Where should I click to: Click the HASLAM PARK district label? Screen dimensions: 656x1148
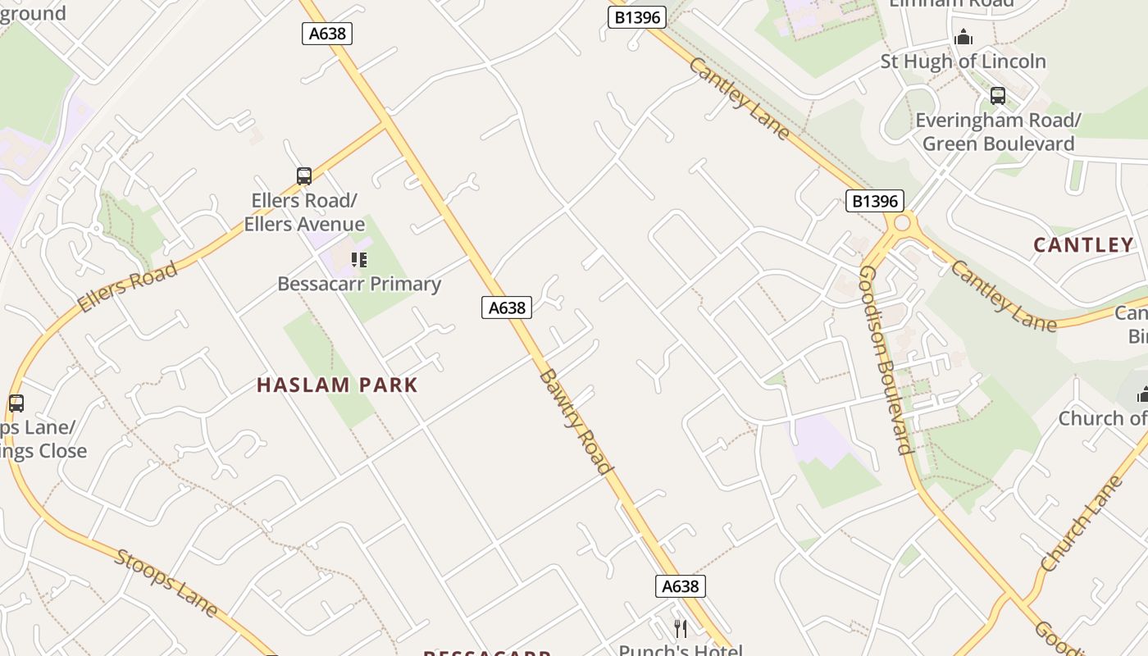(x=337, y=385)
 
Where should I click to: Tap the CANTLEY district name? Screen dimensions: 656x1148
(x=1083, y=244)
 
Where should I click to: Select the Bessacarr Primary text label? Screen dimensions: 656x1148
(x=359, y=284)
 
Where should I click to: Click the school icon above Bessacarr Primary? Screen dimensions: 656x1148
(x=358, y=260)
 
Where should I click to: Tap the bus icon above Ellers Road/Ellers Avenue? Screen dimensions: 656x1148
(x=304, y=175)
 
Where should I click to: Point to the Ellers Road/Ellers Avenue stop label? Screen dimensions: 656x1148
(x=304, y=212)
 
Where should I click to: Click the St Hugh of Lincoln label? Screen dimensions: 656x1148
(x=963, y=61)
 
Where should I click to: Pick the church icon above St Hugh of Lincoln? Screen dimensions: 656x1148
(x=963, y=38)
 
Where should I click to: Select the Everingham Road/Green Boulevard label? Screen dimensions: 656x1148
(x=998, y=132)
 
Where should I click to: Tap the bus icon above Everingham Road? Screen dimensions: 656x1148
(x=998, y=96)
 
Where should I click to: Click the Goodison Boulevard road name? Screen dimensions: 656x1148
(x=886, y=359)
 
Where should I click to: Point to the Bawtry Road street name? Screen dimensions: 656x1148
(x=576, y=421)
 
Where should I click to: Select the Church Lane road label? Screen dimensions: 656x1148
(x=1080, y=525)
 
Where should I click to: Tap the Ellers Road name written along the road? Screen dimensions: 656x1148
(x=127, y=287)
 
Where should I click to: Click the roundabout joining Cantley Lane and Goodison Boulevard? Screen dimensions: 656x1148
(x=903, y=222)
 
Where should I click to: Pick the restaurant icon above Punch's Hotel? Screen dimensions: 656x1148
(x=680, y=628)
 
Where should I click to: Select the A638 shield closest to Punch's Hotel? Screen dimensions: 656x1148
(x=680, y=586)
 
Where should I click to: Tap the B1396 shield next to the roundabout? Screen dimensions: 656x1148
(x=874, y=201)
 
